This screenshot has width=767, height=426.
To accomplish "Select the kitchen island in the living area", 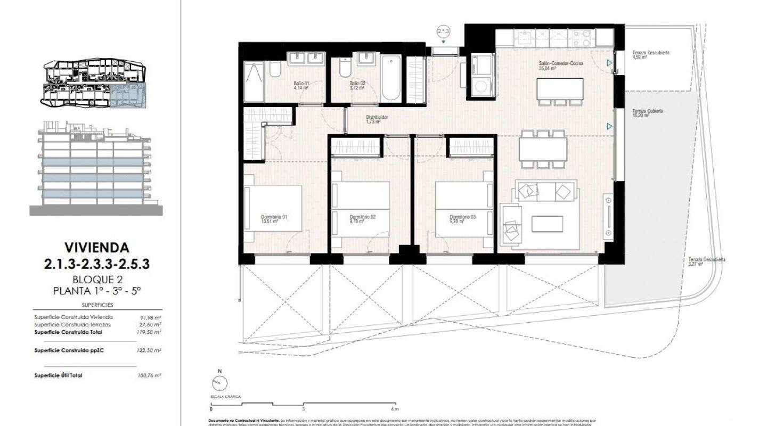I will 559,88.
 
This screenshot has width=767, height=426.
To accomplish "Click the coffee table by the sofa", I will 547,224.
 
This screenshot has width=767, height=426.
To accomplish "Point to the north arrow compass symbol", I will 219,383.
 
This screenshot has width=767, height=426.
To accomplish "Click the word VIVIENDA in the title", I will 96,248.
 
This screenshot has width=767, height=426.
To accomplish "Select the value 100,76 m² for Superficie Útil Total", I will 149,375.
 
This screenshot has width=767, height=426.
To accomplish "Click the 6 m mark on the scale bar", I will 395,409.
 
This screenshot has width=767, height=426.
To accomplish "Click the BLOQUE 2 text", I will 96,280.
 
